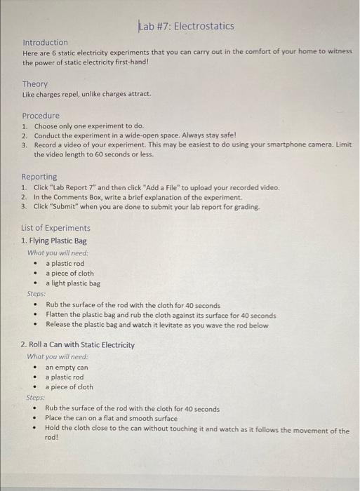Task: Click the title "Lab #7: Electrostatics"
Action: [x=187, y=27]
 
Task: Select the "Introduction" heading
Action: [x=45, y=43]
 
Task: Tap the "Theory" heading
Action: [x=35, y=84]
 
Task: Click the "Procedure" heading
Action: [x=41, y=116]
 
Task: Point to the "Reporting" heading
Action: [x=39, y=177]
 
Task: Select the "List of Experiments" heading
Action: [x=56, y=228]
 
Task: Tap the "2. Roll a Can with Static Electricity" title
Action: [x=78, y=345]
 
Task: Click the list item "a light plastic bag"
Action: [x=73, y=283]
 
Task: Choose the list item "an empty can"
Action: [x=67, y=367]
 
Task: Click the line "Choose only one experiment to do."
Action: [x=88, y=126]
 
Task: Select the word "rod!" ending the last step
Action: [x=51, y=437]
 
